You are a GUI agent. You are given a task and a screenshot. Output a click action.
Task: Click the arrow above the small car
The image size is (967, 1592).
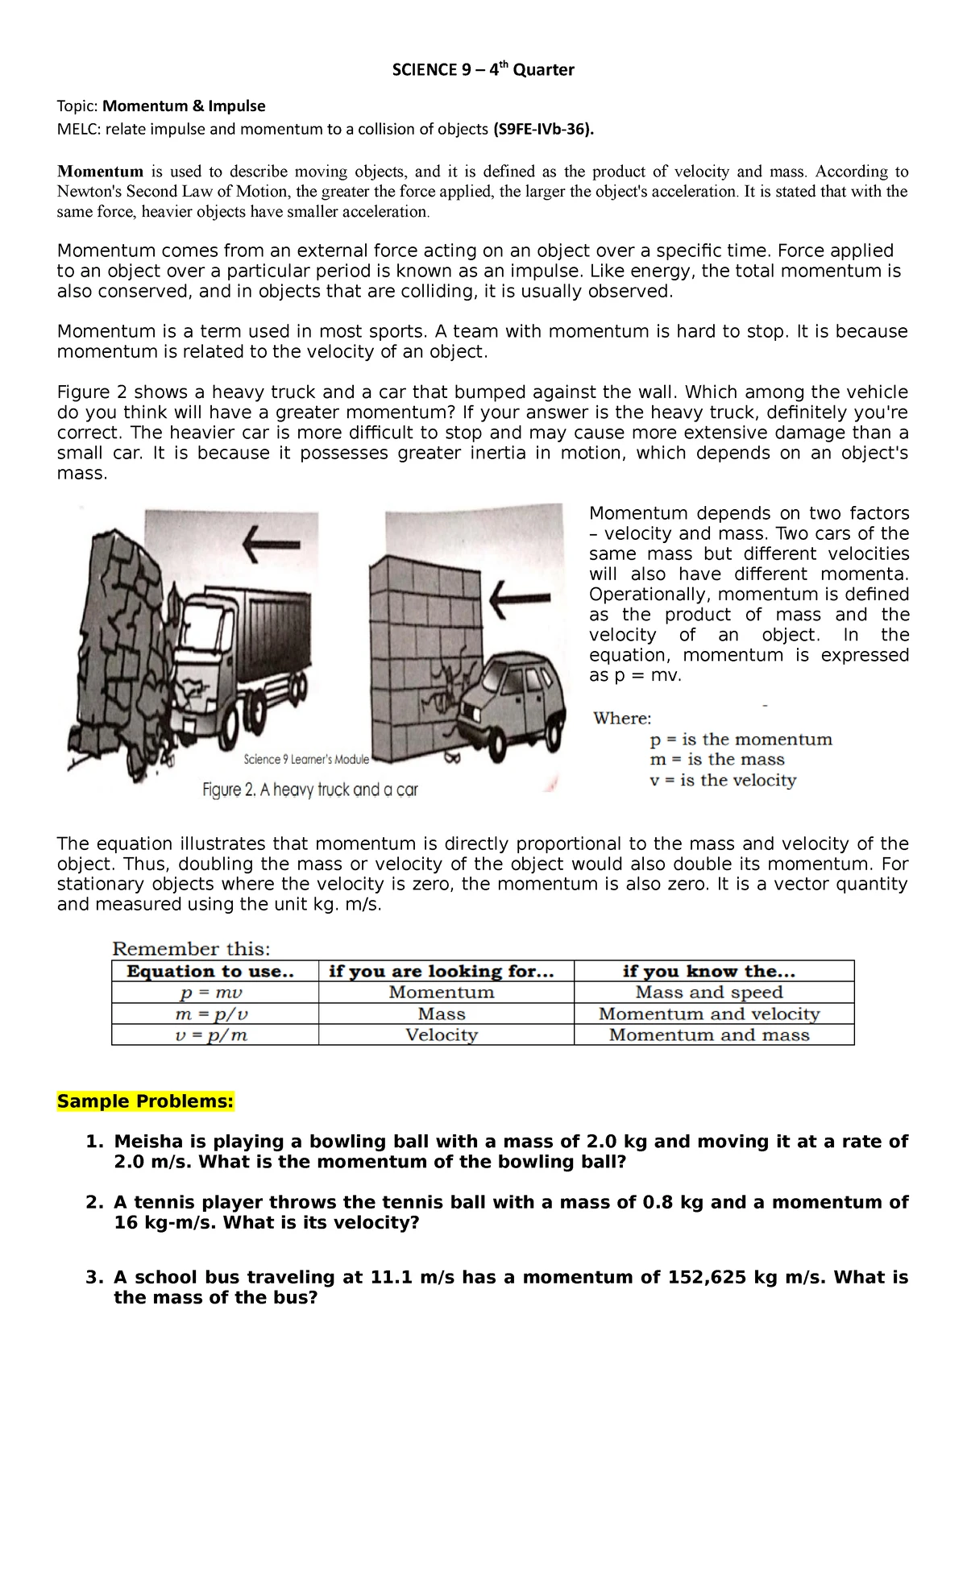[x=521, y=599]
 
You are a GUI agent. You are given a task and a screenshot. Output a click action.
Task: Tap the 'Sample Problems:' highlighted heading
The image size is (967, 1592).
[x=145, y=1101]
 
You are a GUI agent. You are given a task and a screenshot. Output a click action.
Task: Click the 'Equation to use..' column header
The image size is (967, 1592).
[x=210, y=971]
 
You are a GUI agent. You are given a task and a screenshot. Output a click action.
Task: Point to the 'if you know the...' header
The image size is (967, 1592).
[x=709, y=971]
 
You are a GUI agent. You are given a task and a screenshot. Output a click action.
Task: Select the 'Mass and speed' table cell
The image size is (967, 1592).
[x=709, y=993]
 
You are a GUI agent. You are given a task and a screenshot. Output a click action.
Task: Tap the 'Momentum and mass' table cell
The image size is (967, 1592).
[x=709, y=1035]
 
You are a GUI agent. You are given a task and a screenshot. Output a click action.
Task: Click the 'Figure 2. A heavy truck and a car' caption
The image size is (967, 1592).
[x=310, y=790]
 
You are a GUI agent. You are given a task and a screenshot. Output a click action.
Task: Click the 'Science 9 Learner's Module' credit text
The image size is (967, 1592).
[x=306, y=759]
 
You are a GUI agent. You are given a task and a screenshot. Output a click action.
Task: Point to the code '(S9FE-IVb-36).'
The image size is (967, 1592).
[x=543, y=129]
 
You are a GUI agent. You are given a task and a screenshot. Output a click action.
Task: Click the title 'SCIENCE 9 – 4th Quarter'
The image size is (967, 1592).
[x=483, y=70]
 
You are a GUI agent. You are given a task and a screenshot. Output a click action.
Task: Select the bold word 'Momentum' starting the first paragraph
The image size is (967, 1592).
[x=100, y=172]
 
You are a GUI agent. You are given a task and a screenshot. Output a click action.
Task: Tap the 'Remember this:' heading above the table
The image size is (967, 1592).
[x=191, y=949]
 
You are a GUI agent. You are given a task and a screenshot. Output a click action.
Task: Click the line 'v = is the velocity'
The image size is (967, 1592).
[x=723, y=780]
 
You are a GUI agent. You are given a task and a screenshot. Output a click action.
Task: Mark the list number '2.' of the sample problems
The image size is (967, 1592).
[x=95, y=1203]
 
